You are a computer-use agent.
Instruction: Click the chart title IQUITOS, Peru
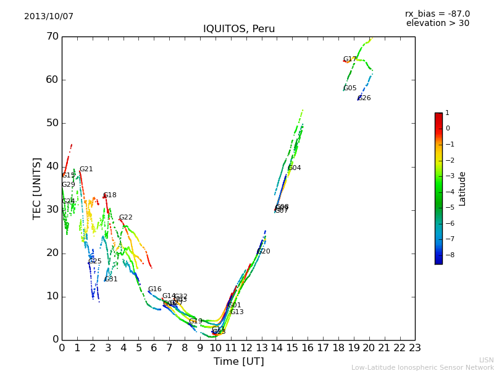239,29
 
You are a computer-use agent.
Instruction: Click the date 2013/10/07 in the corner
49,17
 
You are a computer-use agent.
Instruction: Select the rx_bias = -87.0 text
437,14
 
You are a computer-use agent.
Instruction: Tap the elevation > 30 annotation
437,23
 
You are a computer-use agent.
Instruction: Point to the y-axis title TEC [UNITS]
37,188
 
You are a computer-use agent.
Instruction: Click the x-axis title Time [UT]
238,362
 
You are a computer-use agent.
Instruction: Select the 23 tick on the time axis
415,348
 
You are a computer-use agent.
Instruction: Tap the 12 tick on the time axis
246,348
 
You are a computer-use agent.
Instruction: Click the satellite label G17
350,59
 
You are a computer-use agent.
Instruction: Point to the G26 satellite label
364,98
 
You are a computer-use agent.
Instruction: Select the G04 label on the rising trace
295,168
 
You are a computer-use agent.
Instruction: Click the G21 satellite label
86,169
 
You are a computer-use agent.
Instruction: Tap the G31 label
111,279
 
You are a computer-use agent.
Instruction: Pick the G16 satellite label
154,289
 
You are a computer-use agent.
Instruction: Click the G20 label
264,252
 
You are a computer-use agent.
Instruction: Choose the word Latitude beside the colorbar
463,189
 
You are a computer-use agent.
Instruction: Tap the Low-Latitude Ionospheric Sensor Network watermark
422,368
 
